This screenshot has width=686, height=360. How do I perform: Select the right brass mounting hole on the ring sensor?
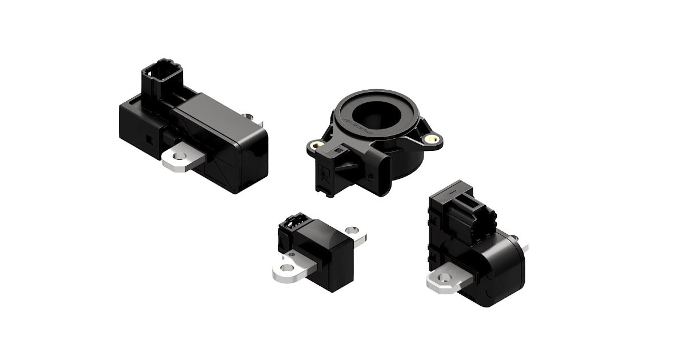pos(433,138)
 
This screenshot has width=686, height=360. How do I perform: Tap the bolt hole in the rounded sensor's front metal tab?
pos(441,278)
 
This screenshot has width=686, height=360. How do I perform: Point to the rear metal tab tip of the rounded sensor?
pos(525,247)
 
